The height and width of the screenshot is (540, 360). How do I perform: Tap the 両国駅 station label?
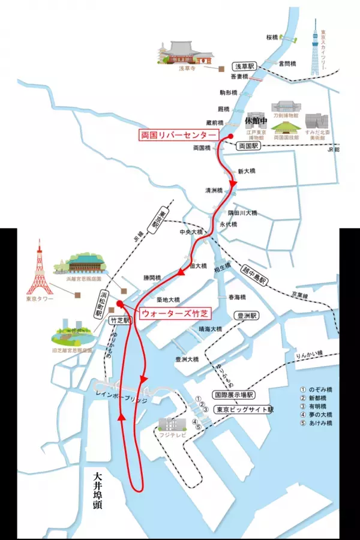click(248, 146)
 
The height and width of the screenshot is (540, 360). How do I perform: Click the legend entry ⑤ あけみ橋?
click(316, 422)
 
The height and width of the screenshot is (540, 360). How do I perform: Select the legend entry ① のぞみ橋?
click(316, 389)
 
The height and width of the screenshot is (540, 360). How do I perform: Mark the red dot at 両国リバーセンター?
click(230, 136)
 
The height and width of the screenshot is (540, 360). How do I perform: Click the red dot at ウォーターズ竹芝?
click(119, 303)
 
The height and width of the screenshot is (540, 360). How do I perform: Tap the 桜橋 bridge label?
click(273, 37)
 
